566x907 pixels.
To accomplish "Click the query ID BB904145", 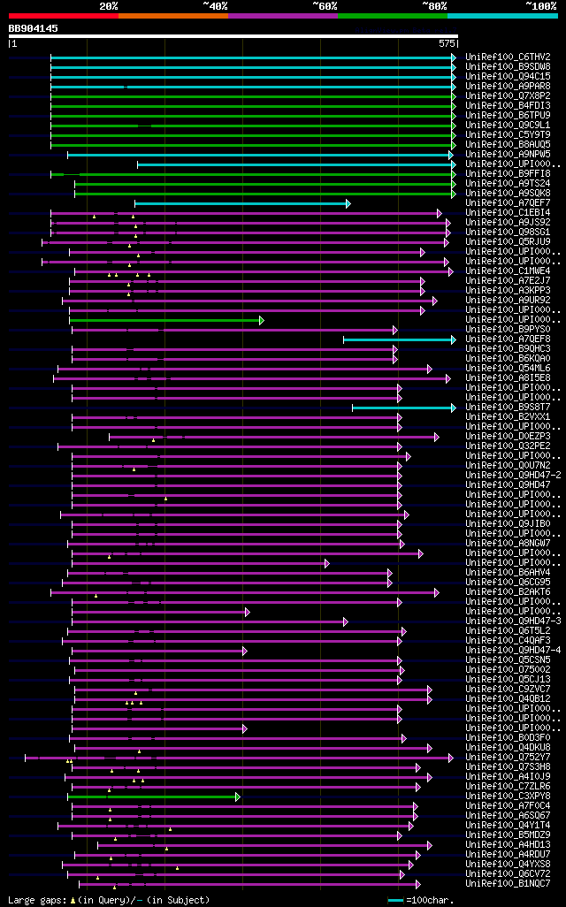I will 34,28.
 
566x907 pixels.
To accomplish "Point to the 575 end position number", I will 447,42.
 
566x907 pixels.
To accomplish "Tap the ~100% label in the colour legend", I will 540,5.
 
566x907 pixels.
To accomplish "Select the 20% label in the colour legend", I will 109,5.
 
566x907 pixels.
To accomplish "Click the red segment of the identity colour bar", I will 63,16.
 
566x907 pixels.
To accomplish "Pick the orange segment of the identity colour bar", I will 172,16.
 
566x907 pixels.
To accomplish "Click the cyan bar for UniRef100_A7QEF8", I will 399,339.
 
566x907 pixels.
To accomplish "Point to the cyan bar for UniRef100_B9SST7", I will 403,408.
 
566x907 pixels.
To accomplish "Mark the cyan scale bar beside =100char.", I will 395,900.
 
